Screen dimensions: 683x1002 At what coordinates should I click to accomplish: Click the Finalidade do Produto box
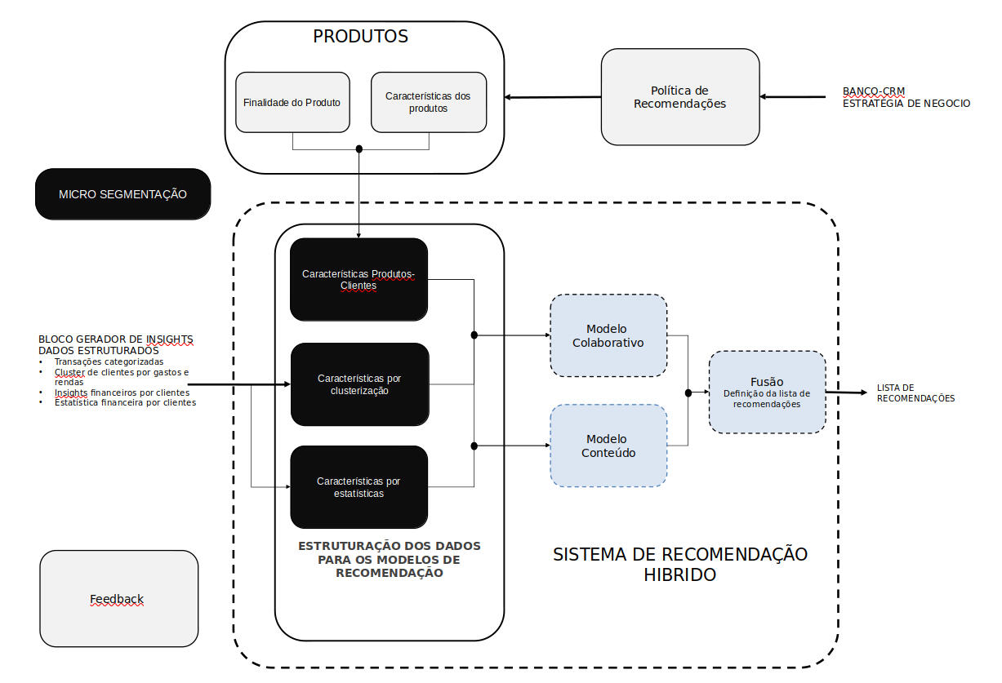point(292,103)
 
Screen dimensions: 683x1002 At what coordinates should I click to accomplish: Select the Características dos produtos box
point(428,102)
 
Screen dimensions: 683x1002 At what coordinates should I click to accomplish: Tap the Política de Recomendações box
point(679,97)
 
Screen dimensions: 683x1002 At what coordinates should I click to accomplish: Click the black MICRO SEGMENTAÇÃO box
point(123,194)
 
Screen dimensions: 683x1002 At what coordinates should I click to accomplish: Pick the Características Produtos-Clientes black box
point(358,280)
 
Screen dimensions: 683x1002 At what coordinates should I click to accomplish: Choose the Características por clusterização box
point(358,384)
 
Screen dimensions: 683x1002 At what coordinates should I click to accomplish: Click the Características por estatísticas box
point(358,487)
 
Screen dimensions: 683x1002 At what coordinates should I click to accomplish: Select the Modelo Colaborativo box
point(608,335)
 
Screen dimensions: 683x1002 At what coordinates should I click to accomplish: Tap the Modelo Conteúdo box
point(608,446)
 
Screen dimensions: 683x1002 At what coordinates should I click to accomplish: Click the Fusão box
point(767,392)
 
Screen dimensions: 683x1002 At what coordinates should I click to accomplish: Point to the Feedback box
point(118,599)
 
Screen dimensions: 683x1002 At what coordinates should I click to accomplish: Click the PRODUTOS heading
point(360,37)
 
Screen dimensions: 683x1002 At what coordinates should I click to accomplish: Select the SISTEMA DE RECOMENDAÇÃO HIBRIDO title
point(679,564)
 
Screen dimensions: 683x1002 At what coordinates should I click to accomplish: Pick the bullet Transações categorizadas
point(109,361)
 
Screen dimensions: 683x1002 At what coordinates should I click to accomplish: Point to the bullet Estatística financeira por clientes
point(124,402)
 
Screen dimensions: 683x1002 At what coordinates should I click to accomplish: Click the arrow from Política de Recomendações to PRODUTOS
point(553,98)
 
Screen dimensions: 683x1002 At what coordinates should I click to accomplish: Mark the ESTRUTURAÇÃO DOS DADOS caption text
point(389,559)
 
